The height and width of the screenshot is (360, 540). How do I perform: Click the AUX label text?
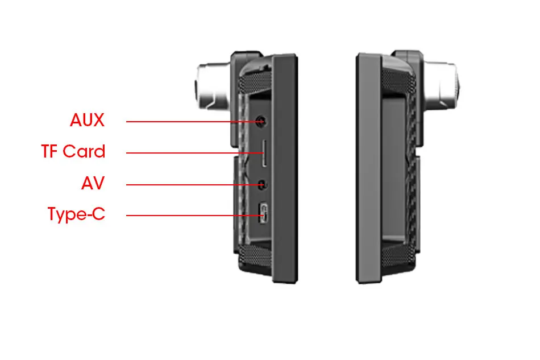(88, 121)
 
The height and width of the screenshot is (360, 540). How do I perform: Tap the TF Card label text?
(73, 152)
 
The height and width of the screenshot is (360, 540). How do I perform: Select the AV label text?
(93, 184)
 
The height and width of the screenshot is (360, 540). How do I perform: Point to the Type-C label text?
(77, 215)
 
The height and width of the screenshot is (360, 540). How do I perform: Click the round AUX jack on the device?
(261, 121)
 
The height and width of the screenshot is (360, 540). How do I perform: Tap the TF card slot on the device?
(263, 154)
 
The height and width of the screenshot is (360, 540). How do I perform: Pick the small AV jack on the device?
(262, 184)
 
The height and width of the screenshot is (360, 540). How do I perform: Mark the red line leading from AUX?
(188, 121)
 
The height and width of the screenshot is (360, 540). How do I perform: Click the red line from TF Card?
(188, 152)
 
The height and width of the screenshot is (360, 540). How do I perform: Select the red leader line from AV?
(188, 184)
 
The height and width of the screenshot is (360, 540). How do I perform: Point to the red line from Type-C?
(188, 215)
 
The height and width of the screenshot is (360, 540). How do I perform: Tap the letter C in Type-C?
(99, 215)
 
